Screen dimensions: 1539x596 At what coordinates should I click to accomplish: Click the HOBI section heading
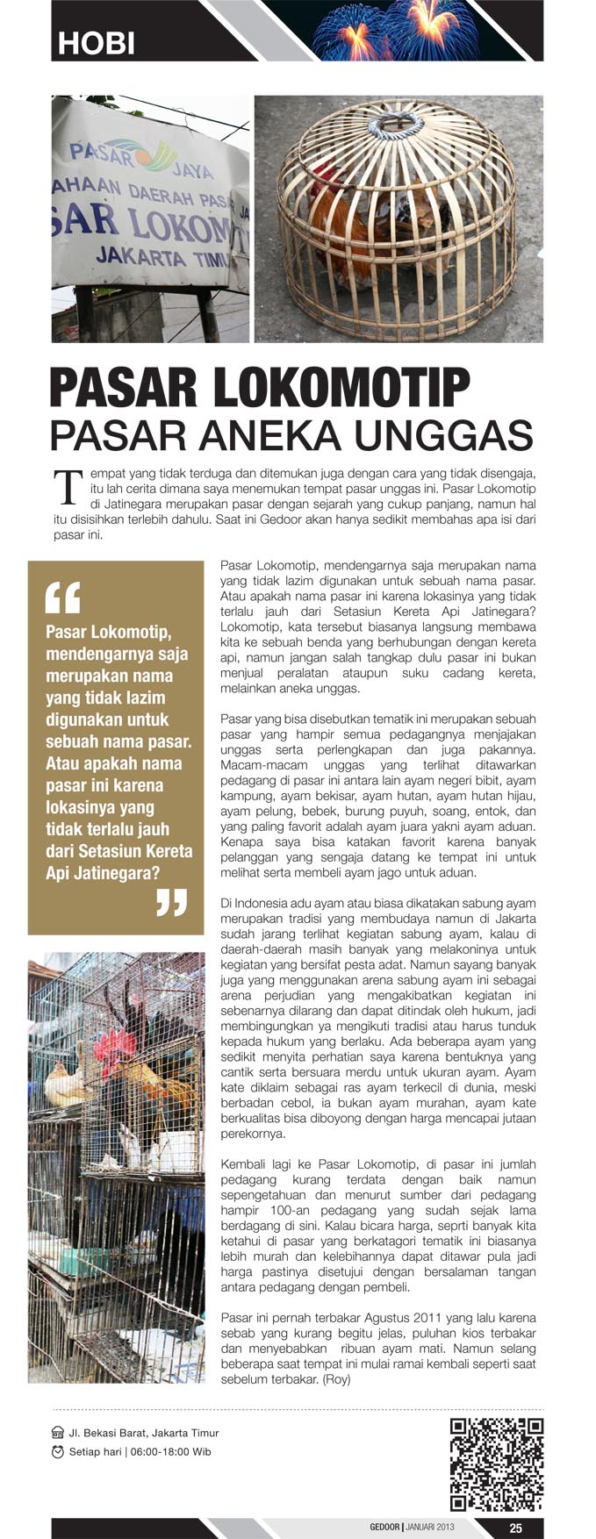96,43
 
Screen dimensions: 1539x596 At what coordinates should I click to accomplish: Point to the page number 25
515,1528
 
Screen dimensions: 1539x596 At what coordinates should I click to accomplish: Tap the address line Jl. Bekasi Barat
144,1433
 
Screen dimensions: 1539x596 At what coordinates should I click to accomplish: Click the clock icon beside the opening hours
58,1451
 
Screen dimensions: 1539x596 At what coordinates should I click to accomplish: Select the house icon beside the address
58,1433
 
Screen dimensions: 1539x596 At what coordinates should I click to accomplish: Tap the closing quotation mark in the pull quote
171,901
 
